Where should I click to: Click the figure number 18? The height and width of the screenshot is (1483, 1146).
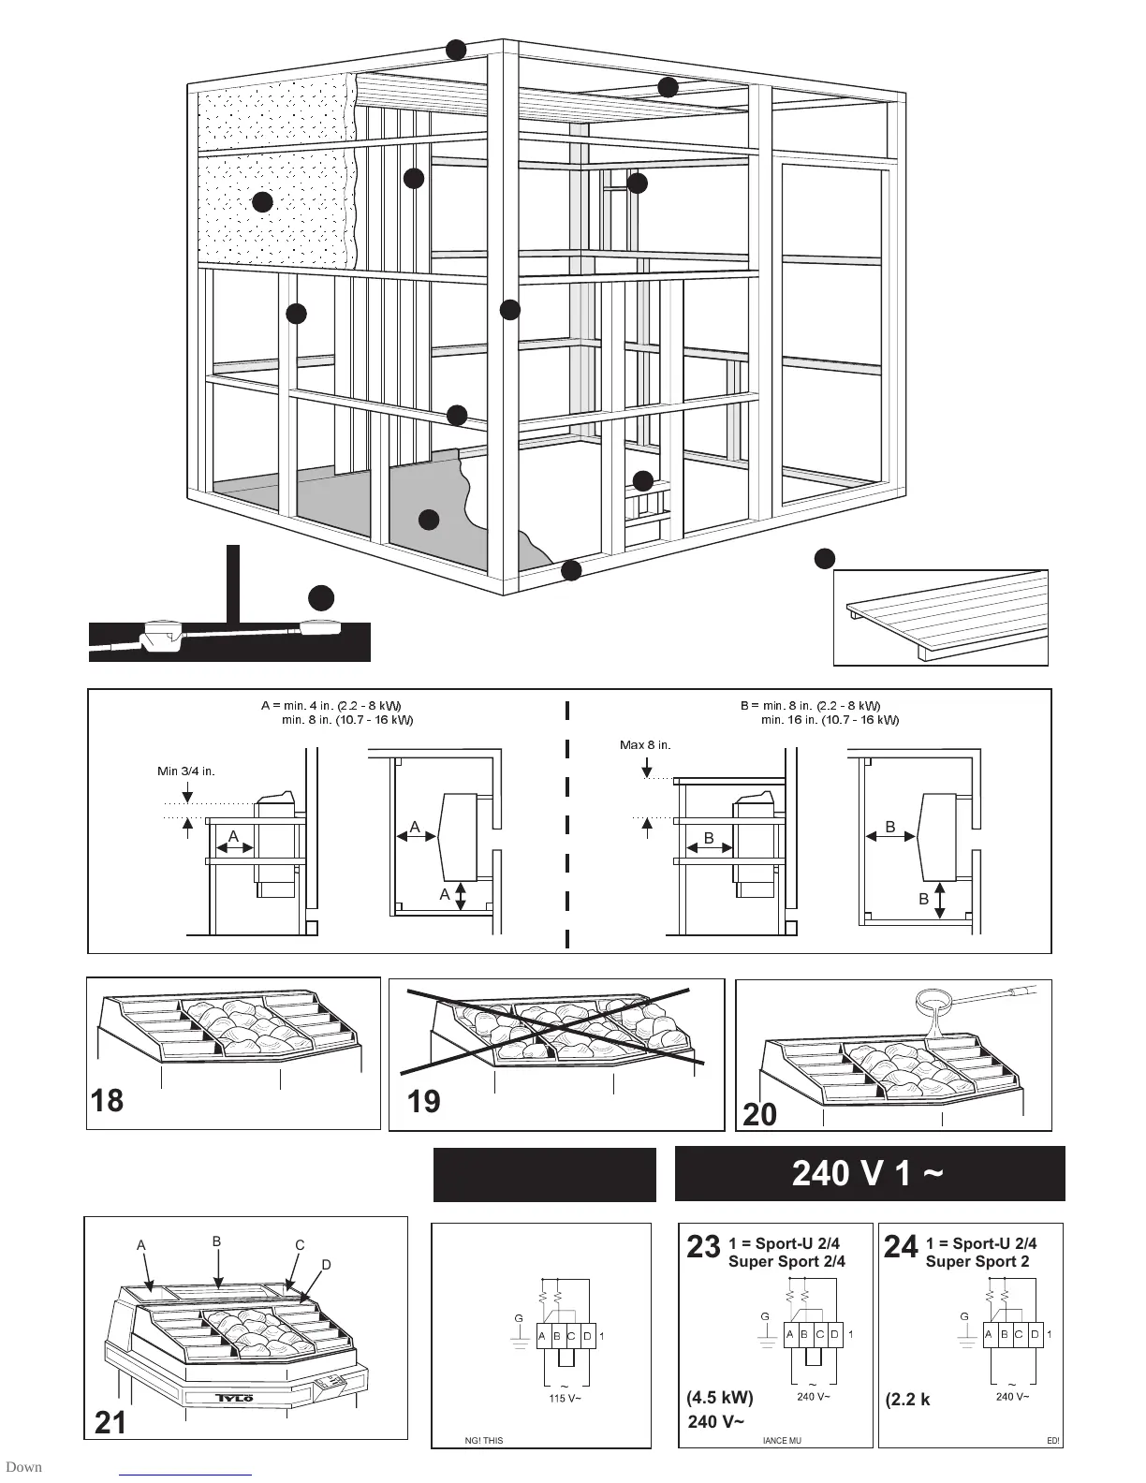(x=108, y=1100)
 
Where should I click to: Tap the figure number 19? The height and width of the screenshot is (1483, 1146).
(x=424, y=1101)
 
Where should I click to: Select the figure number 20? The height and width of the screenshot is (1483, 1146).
(x=760, y=1115)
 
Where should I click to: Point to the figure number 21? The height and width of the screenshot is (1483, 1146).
(x=110, y=1423)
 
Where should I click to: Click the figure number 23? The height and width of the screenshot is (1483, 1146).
(x=703, y=1247)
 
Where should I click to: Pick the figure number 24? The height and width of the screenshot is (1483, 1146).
(x=901, y=1247)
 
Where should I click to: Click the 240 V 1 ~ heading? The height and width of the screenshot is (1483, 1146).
(x=868, y=1173)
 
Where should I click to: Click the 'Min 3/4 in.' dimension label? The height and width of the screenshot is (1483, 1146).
(x=185, y=771)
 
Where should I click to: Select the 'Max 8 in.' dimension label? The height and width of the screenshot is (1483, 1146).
(x=645, y=745)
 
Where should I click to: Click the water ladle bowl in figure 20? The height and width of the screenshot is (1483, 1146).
(x=938, y=1006)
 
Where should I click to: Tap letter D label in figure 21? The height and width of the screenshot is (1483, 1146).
(x=327, y=1265)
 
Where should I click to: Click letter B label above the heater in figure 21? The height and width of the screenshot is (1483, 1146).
(x=216, y=1241)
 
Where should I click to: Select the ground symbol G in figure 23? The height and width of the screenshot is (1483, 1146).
(x=765, y=1317)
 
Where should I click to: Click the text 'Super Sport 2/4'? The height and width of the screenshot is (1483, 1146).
(x=786, y=1261)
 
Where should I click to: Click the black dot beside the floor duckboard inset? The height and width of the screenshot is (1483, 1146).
(x=824, y=559)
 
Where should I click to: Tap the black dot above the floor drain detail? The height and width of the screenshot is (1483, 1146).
(x=321, y=598)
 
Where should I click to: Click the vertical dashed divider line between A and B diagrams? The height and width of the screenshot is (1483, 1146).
(x=567, y=824)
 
